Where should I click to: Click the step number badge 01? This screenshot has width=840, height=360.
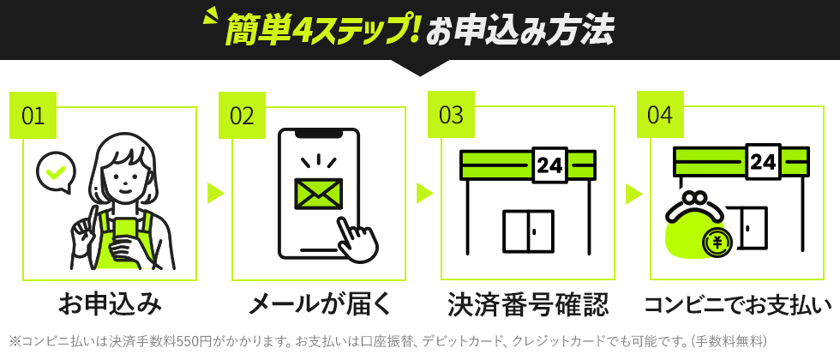[33, 116]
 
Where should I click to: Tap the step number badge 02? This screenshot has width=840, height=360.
[242, 116]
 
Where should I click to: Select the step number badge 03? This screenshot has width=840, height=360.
[451, 116]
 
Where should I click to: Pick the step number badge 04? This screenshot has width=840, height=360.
[660, 116]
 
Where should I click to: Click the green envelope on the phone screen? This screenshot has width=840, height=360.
[318, 194]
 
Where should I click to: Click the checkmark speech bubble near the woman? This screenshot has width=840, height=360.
[56, 171]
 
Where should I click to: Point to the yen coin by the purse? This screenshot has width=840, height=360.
[717, 243]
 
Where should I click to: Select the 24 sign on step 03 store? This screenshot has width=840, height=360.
[549, 165]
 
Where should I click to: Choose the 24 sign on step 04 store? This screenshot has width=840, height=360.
[763, 161]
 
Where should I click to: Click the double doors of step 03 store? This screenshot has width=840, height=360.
[528, 231]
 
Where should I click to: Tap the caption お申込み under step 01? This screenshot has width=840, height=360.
[110, 303]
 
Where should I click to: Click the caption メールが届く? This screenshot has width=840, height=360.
[319, 303]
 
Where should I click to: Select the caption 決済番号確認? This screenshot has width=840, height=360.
[528, 303]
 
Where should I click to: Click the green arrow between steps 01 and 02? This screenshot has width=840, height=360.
[215, 193]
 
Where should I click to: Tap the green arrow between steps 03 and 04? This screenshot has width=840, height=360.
[633, 193]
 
